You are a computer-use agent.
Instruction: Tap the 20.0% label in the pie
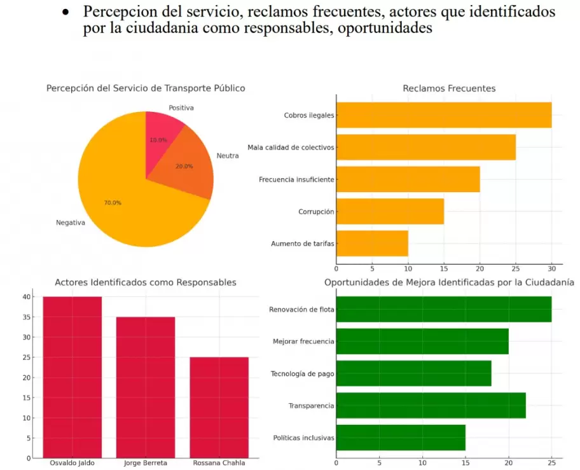coord(184,167)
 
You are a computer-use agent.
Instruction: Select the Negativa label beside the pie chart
coord(71,223)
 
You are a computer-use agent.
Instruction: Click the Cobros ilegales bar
coord(443,115)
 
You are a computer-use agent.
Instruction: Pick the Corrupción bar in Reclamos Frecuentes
coord(390,211)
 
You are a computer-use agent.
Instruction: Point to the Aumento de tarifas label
coord(302,244)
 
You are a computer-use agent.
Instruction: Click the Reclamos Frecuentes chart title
coord(449,88)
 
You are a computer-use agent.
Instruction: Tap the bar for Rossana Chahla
coord(219,407)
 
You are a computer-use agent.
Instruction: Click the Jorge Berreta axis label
coord(146,463)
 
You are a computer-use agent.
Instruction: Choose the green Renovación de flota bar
coord(443,309)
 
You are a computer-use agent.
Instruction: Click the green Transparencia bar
coord(431,406)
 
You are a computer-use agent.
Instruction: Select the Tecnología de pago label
coord(302,374)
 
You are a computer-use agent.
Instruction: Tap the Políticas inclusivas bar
coord(401,438)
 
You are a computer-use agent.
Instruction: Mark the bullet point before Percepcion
coord(66,12)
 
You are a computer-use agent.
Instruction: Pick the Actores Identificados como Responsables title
coord(146,282)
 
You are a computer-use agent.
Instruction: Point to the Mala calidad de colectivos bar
coord(425,147)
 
